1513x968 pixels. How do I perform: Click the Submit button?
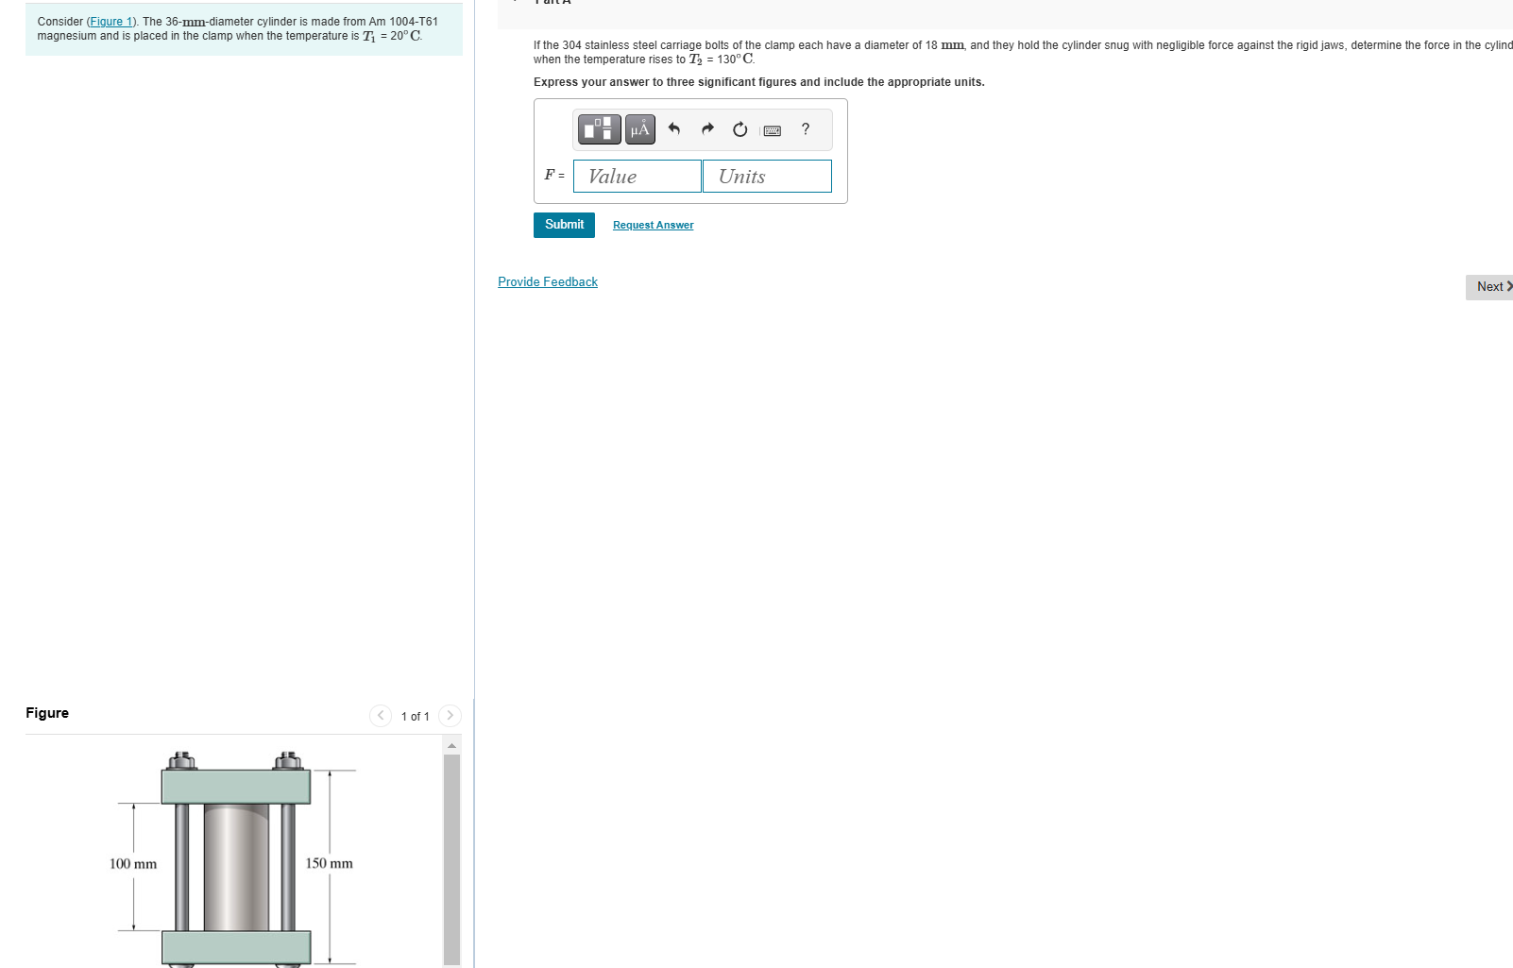(x=564, y=225)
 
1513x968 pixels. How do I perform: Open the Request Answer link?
(x=653, y=225)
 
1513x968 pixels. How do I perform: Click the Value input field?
(x=637, y=177)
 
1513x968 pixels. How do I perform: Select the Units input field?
(x=767, y=177)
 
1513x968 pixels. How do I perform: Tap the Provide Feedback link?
(x=548, y=282)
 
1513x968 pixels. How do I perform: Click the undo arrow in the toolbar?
(x=674, y=129)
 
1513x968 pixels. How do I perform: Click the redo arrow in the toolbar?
(x=707, y=129)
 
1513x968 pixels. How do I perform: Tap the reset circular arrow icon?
(x=740, y=129)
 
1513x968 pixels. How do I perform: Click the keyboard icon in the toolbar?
(x=773, y=130)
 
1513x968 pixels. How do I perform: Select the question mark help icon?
(x=806, y=129)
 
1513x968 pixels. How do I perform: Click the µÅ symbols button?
(x=640, y=129)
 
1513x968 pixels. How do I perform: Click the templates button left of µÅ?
(x=600, y=129)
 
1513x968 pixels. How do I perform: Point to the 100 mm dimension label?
(x=133, y=864)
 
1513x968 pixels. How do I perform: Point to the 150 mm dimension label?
(x=329, y=864)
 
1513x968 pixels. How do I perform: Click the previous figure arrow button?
(x=381, y=716)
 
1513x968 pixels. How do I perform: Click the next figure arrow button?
(x=450, y=716)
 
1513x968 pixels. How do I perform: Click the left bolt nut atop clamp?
(x=182, y=761)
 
